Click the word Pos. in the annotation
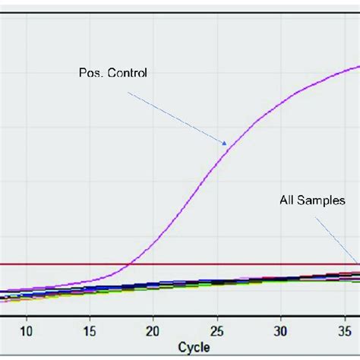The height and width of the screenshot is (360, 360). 92,74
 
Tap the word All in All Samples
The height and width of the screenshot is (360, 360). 286,201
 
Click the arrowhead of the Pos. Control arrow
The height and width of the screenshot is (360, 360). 226,144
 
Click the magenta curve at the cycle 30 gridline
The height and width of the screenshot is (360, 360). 280,102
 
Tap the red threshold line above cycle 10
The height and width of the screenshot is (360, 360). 27,264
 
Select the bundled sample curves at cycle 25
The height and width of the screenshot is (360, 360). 216,282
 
